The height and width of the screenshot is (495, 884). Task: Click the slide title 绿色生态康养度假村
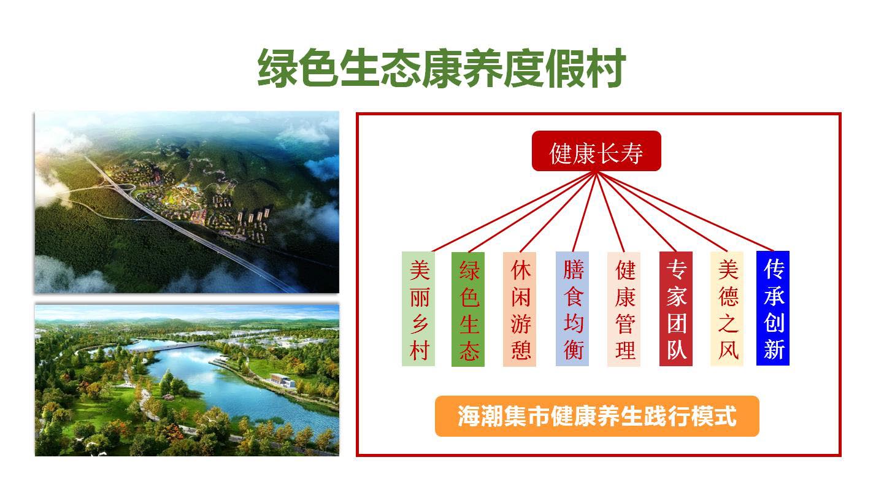pyautogui.click(x=441, y=68)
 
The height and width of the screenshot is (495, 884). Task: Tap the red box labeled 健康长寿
pyautogui.click(x=596, y=151)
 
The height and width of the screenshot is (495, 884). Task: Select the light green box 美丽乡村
pyautogui.click(x=418, y=309)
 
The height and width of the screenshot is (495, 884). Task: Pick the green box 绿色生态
pyautogui.click(x=468, y=309)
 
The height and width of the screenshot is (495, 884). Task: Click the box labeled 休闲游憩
pyautogui.click(x=520, y=309)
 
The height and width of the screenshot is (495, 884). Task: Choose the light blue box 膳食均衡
pyautogui.click(x=572, y=309)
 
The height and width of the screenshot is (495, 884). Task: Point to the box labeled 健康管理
pyautogui.click(x=624, y=309)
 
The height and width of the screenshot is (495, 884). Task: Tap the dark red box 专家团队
pyautogui.click(x=676, y=309)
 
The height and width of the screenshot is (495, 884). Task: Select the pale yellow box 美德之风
pyautogui.click(x=727, y=309)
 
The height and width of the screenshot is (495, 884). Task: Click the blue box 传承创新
pyautogui.click(x=773, y=309)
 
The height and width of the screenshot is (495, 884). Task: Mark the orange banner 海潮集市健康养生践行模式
pyautogui.click(x=597, y=416)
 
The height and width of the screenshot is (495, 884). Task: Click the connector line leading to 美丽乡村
pyautogui.click(x=514, y=212)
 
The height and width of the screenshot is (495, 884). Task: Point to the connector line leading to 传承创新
pyautogui.click(x=685, y=212)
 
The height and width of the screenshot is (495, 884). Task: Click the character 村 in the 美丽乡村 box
pyautogui.click(x=419, y=350)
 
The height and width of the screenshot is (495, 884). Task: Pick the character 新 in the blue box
pyautogui.click(x=774, y=349)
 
